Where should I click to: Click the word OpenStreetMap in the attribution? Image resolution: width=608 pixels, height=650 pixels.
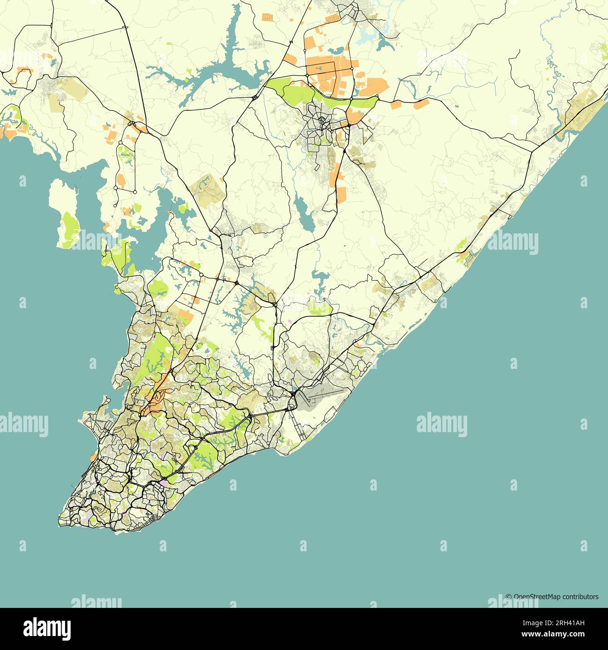537,597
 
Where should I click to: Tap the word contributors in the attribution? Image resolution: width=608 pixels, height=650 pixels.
580,597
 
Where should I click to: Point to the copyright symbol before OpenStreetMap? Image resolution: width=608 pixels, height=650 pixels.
508,597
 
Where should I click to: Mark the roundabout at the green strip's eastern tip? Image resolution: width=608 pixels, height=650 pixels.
377,97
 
